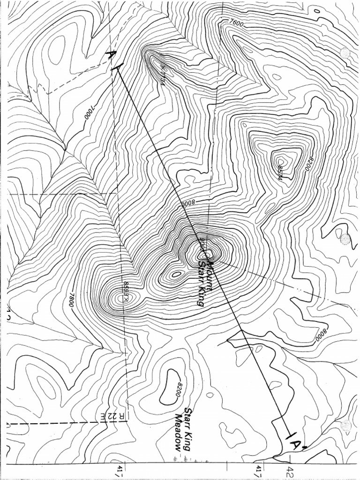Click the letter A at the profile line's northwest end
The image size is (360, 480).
[x=111, y=55]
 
